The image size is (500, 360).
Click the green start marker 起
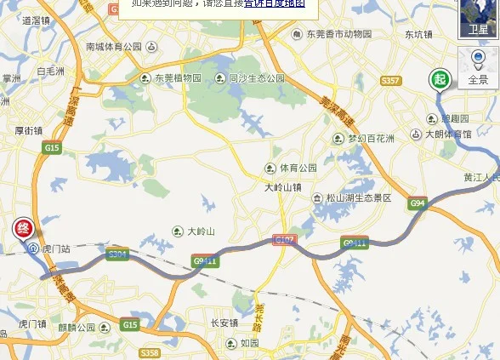point(439,79)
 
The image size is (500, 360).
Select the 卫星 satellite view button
point(479,18)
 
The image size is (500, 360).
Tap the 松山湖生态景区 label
point(358,197)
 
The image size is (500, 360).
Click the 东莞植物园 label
point(177,77)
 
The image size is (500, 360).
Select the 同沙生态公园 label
point(256,77)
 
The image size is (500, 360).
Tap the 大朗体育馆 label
point(448,134)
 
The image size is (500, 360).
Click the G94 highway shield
point(417,203)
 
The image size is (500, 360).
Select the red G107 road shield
point(284,242)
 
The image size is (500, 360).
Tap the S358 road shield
point(150,352)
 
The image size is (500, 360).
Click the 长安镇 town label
point(224,323)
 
